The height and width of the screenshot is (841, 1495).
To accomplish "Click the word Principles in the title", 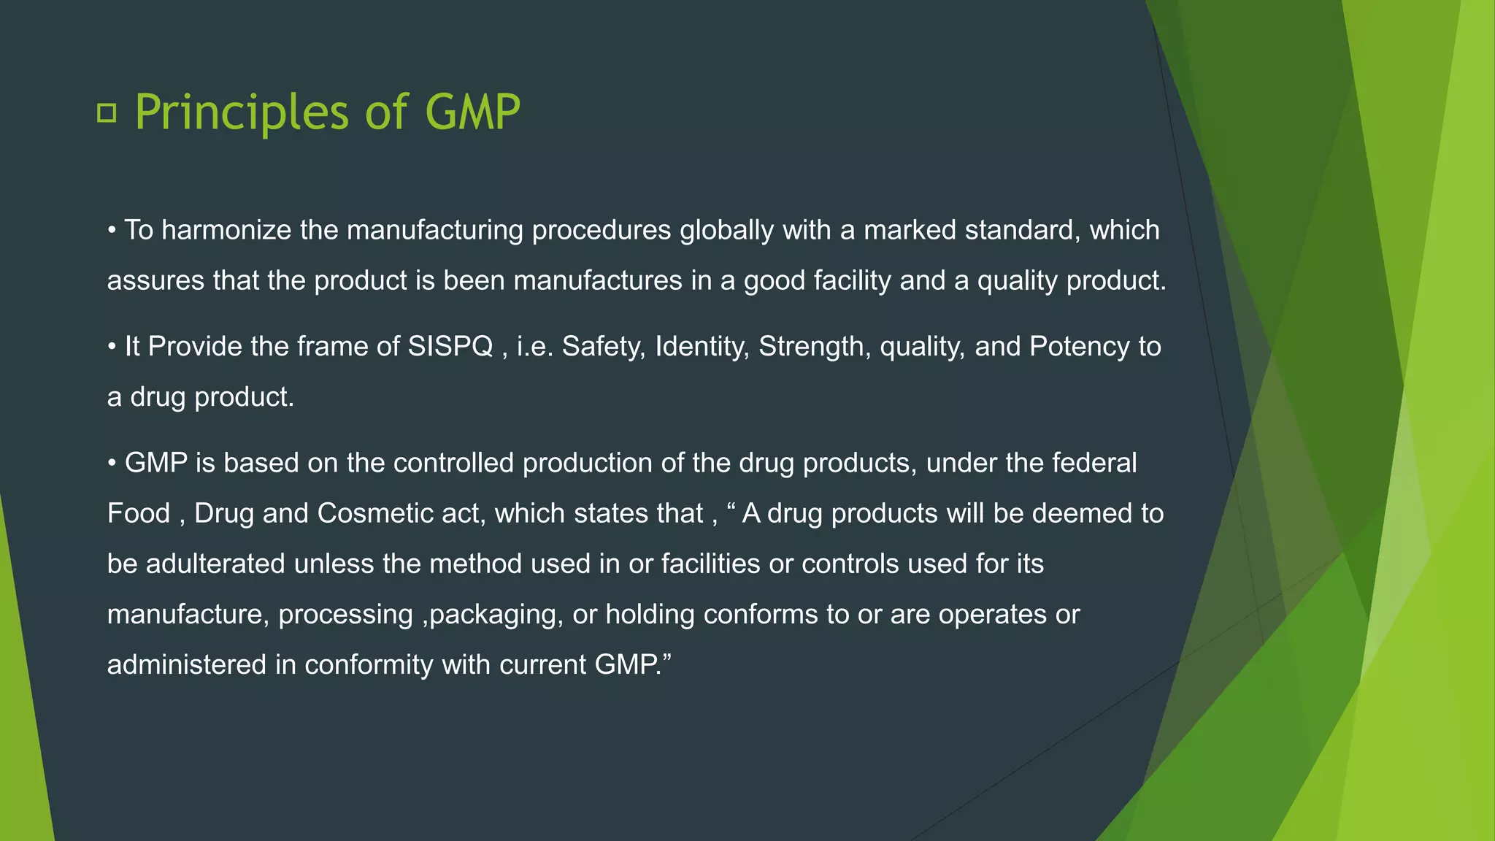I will click(x=242, y=112).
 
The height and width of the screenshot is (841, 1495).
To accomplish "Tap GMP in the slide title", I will click(x=472, y=112).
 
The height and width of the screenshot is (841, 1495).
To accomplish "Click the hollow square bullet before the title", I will click(x=107, y=113).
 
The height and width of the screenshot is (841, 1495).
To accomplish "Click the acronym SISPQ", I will click(x=450, y=346).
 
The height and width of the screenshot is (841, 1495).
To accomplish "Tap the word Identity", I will click(x=702, y=346).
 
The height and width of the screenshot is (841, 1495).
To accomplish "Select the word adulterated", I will click(x=215, y=564).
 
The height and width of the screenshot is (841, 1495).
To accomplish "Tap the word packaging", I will click(x=495, y=615).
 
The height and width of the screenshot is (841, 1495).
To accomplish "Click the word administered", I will click(x=187, y=665).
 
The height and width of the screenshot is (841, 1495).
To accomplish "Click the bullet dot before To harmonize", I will click(x=112, y=231).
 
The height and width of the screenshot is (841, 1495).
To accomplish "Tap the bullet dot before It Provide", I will click(x=112, y=347).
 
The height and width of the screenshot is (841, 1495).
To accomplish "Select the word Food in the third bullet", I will click(x=138, y=513).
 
